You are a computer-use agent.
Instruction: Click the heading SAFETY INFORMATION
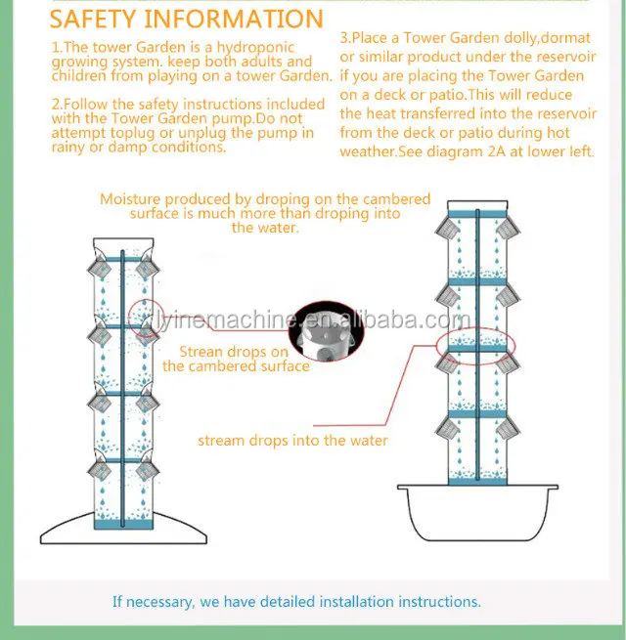pos(186,19)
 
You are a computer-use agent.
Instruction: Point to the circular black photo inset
pos(328,330)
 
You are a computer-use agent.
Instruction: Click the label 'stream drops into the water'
pos(292,441)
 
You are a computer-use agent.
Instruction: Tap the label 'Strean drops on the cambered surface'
pos(236,359)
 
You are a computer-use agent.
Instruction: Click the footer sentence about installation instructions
pos(296,602)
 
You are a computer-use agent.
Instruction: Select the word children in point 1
pos(80,75)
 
